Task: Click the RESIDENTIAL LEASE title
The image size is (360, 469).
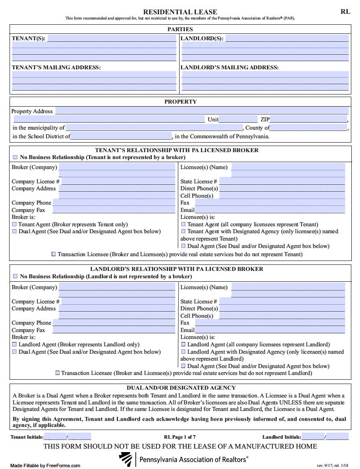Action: click(x=180, y=12)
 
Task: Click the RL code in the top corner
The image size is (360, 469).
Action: click(x=345, y=12)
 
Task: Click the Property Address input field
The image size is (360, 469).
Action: click(x=202, y=111)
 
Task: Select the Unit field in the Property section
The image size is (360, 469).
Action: click(x=238, y=119)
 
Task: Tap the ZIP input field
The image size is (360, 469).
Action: click(x=308, y=119)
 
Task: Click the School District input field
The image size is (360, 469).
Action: click(x=121, y=136)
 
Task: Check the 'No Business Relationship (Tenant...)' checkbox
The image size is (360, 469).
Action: click(x=15, y=157)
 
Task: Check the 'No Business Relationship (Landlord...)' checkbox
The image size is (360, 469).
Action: click(x=15, y=276)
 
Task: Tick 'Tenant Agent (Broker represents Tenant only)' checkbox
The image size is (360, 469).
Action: click(x=14, y=225)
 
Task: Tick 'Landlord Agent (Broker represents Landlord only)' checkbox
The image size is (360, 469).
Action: click(x=14, y=345)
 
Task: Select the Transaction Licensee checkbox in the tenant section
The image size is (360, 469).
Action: click(x=54, y=254)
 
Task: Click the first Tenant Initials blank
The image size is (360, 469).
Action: click(x=55, y=437)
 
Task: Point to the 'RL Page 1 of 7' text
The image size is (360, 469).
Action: click(x=180, y=437)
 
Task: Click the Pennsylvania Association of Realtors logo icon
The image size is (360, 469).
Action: click(x=126, y=459)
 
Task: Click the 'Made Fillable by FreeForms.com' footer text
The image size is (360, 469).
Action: click(x=45, y=466)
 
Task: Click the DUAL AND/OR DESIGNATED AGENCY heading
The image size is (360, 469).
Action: click(x=181, y=388)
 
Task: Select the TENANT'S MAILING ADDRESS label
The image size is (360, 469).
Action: click(x=56, y=67)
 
